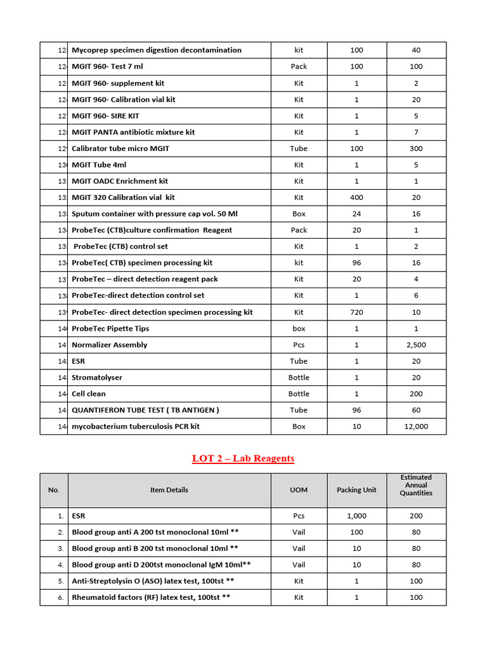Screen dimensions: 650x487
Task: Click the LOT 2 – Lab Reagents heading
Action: (243, 458)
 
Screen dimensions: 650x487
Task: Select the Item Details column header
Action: (169, 490)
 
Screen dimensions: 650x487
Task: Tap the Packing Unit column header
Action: (356, 490)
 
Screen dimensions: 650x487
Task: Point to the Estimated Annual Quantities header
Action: (416, 485)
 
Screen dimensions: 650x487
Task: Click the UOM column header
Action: (299, 490)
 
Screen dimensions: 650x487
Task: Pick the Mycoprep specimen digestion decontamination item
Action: (157, 50)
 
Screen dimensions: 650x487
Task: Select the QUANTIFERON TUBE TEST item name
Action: (145, 410)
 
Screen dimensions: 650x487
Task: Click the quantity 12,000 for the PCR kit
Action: (416, 427)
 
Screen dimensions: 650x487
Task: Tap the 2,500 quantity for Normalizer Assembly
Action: (416, 345)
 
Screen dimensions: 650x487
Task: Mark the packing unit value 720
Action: (356, 312)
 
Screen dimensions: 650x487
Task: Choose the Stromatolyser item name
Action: (97, 378)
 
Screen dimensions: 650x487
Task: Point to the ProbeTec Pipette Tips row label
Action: (110, 329)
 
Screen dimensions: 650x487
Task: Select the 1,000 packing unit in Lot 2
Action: (356, 516)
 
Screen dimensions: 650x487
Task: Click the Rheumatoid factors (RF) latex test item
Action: (151, 597)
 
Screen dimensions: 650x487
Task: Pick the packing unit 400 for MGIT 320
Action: (356, 197)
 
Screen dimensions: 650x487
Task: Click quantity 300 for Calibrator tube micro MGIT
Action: (416, 149)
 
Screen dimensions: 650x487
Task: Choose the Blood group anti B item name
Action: (155, 548)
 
